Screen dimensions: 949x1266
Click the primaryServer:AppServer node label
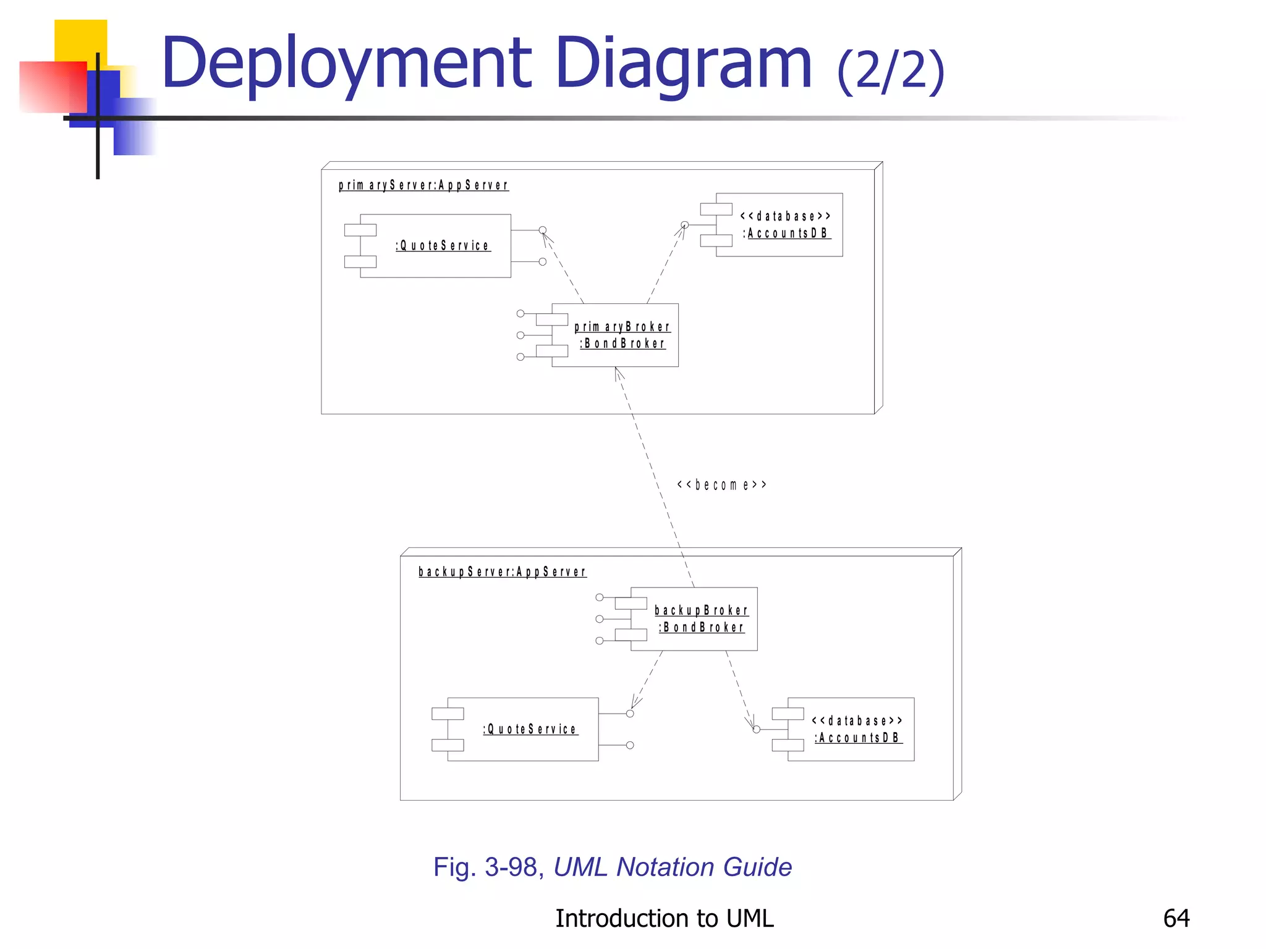click(423, 185)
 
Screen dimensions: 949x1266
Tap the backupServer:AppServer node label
click(503, 572)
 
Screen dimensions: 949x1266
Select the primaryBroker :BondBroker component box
click(615, 335)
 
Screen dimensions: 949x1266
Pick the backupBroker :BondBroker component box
click(694, 618)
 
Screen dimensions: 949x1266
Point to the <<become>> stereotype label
click(721, 485)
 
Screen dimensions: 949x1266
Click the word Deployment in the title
click(346, 63)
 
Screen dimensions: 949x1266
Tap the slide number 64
click(1176, 918)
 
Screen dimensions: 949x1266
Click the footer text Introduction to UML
click(664, 918)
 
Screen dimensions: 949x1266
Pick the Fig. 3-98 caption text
click(612, 867)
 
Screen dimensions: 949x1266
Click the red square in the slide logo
click(52, 86)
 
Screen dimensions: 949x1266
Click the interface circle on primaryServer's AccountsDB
click(685, 225)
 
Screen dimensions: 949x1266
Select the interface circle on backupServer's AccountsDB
click(756, 730)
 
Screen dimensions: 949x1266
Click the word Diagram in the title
click(683, 63)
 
